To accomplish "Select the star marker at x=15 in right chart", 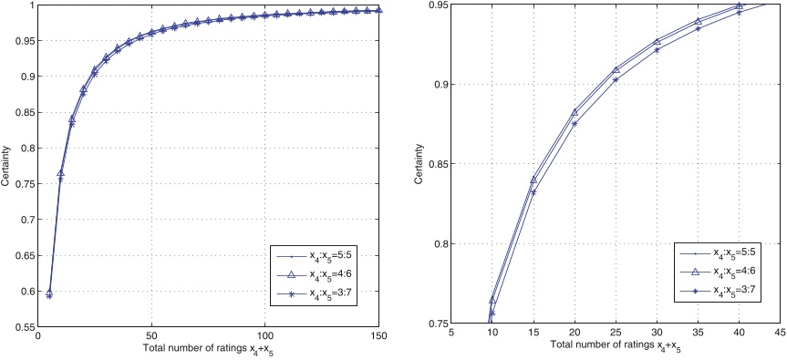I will click(x=533, y=191).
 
